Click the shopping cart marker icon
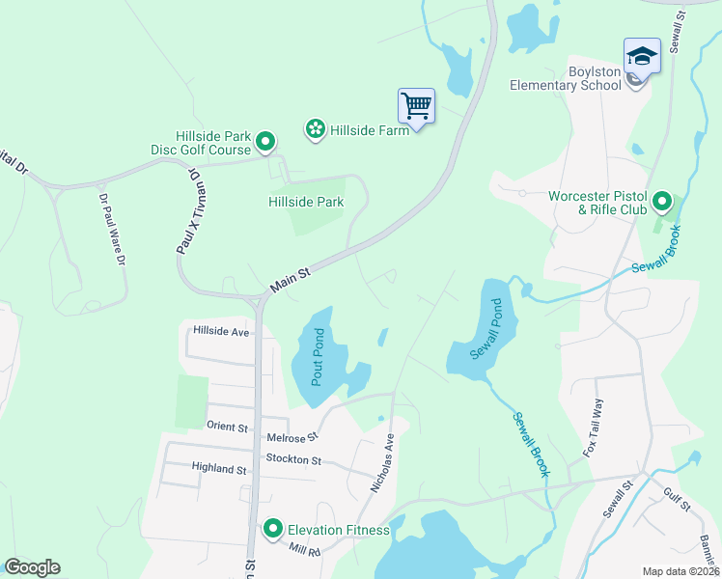[x=416, y=105]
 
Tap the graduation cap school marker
[x=642, y=55]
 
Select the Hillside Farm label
[x=370, y=128]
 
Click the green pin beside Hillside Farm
[x=315, y=128]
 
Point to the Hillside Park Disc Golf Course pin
[x=267, y=144]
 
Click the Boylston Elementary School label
[x=566, y=77]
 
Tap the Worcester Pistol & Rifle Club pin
[x=662, y=202]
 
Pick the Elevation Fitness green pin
[x=273, y=529]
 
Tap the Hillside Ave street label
[x=221, y=330]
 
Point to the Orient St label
[x=227, y=426]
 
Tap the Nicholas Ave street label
[x=383, y=464]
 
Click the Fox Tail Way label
[x=592, y=427]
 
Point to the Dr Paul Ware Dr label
[x=113, y=232]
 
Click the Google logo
[x=32, y=567]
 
